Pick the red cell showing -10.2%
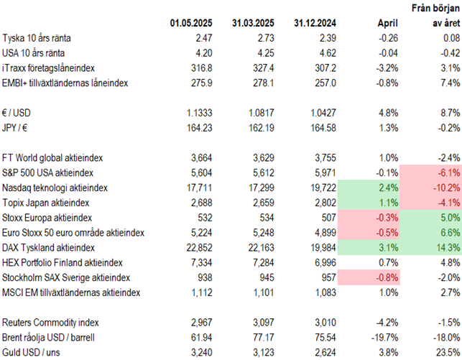pos(430,188)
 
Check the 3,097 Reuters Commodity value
pos(255,323)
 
